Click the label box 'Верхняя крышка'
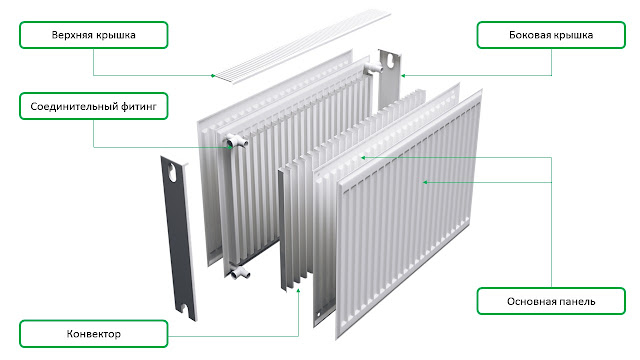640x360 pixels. tap(93, 35)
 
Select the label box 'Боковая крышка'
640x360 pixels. tap(551, 35)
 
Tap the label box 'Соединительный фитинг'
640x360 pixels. tap(93, 106)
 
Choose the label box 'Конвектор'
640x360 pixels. tap(93, 334)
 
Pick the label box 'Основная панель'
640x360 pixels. tap(551, 301)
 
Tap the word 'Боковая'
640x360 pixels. tap(526, 35)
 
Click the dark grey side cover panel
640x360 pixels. tap(178, 238)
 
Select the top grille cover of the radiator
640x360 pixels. tap(303, 48)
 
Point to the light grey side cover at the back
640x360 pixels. tap(389, 80)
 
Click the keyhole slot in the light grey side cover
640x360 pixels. tap(390, 60)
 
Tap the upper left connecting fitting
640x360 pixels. tap(236, 141)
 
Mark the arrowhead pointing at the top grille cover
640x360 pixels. tap(213, 76)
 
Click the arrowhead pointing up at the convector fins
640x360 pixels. tap(298, 291)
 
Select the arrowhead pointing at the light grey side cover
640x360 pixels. tap(403, 76)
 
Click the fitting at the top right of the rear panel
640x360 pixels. tap(373, 68)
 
